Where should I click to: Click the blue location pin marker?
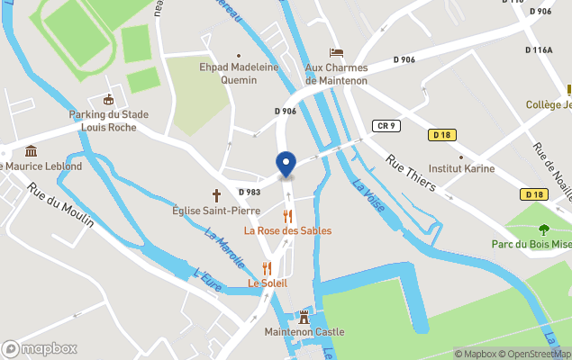pyautogui.click(x=286, y=165)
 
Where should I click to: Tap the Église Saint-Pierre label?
pyautogui.click(x=216, y=211)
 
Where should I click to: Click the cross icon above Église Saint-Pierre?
pyautogui.click(x=216, y=193)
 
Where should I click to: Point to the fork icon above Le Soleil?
pyautogui.click(x=267, y=267)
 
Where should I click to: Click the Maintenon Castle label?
pyautogui.click(x=304, y=332)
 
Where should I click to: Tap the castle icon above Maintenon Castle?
pyautogui.click(x=304, y=316)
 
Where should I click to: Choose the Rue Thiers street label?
pyautogui.click(x=411, y=173)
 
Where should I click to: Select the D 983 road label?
pyautogui.click(x=250, y=192)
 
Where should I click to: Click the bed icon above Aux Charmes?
pyautogui.click(x=336, y=52)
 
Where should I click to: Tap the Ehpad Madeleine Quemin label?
pyautogui.click(x=239, y=73)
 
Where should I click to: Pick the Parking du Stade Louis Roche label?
pyautogui.click(x=109, y=121)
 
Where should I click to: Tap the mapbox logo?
pyautogui.click(x=41, y=348)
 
